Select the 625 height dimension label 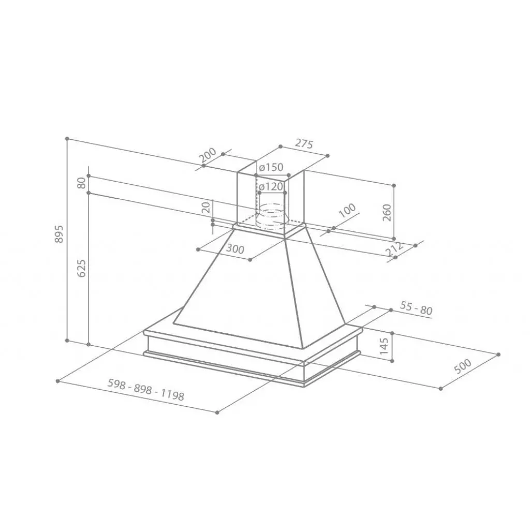(81, 268)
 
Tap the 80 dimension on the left (81, 183)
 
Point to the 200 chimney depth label (207, 155)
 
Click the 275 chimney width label (304, 144)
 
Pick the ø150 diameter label (271, 167)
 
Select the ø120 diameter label (271, 186)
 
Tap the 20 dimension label (206, 208)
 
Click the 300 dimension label (235, 249)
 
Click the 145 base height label (384, 346)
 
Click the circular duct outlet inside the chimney (271, 215)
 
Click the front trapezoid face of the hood (235, 290)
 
